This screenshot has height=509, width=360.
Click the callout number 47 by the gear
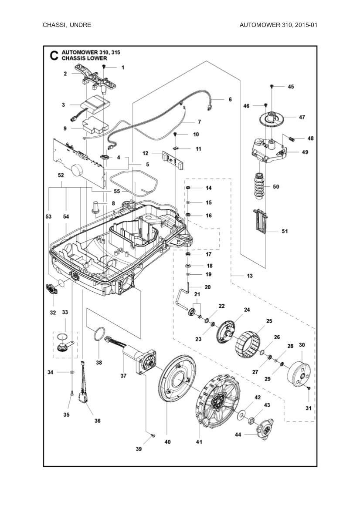click(x=302, y=117)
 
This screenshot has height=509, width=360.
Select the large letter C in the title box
click(x=54, y=56)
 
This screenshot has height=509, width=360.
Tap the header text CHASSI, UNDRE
click(x=67, y=25)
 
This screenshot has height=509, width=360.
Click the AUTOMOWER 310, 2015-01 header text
click(x=278, y=25)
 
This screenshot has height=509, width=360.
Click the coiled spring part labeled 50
click(x=259, y=186)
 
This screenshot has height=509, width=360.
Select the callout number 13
click(x=249, y=276)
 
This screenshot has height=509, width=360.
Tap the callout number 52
click(x=61, y=175)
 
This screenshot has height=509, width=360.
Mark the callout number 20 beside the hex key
click(x=207, y=287)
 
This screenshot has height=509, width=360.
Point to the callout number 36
click(x=98, y=421)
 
